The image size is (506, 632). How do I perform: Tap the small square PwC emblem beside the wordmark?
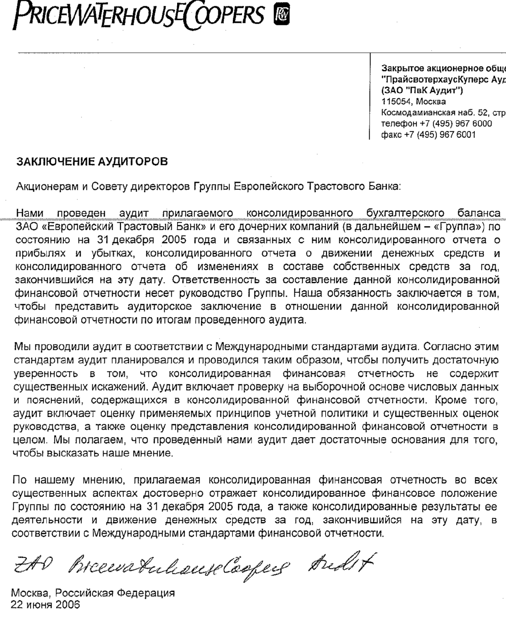coord(281,15)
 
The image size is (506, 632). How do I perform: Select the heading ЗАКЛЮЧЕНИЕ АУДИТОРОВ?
coord(92,162)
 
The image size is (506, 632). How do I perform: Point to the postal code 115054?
coord(397,101)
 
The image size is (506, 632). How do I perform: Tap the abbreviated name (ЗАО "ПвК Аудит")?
coord(422,90)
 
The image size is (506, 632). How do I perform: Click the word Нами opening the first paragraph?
coord(30,213)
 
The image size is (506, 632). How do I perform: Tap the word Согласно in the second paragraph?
coord(444,346)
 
